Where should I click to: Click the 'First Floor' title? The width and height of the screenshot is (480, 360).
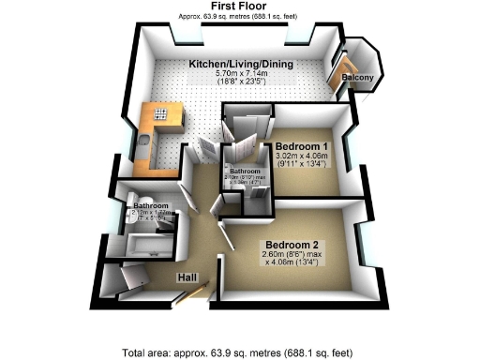pyautogui.click(x=239, y=7)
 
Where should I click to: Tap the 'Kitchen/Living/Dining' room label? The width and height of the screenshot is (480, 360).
pyautogui.click(x=241, y=63)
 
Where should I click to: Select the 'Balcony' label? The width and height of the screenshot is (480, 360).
pyautogui.click(x=358, y=77)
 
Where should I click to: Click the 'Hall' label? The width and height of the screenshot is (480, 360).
pyautogui.click(x=188, y=277)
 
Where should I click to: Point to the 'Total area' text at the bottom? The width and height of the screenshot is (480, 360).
pyautogui.click(x=238, y=352)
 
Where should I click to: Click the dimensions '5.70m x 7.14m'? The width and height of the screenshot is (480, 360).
pyautogui.click(x=241, y=72)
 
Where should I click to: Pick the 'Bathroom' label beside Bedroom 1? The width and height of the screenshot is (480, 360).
pyautogui.click(x=245, y=171)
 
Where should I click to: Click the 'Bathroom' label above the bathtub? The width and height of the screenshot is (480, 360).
pyautogui.click(x=150, y=205)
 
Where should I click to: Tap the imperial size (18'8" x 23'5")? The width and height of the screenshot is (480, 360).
pyautogui.click(x=241, y=82)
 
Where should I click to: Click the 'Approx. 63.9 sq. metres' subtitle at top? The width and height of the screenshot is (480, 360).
pyautogui.click(x=239, y=17)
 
